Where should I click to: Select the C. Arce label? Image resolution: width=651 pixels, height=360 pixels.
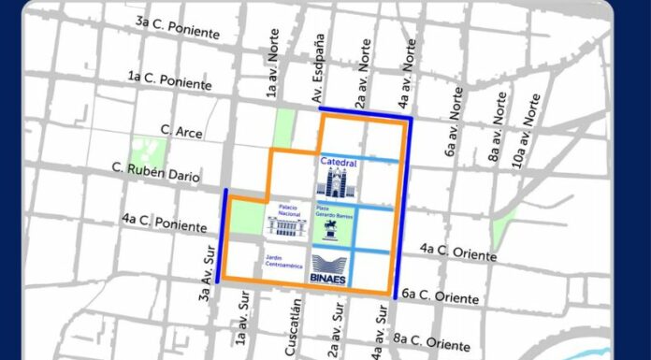(181, 132)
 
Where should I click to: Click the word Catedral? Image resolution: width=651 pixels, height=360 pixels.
(339, 162)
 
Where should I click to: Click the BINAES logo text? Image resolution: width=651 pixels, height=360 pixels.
(336, 277)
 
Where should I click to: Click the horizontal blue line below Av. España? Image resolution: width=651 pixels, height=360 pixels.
(365, 116)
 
